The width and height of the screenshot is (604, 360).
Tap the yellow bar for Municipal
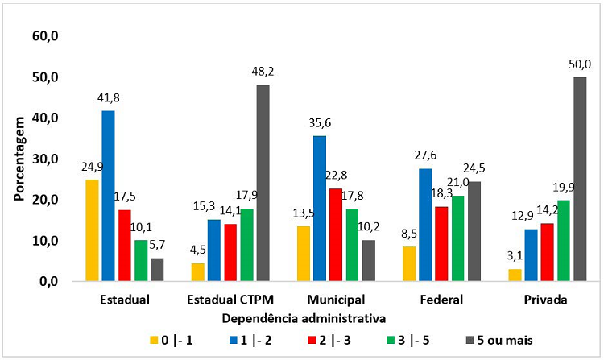coord(304,254)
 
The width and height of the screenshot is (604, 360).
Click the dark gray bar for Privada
coord(579,179)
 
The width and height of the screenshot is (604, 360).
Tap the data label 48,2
coord(263,73)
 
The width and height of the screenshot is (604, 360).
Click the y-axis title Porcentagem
coord(18,159)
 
